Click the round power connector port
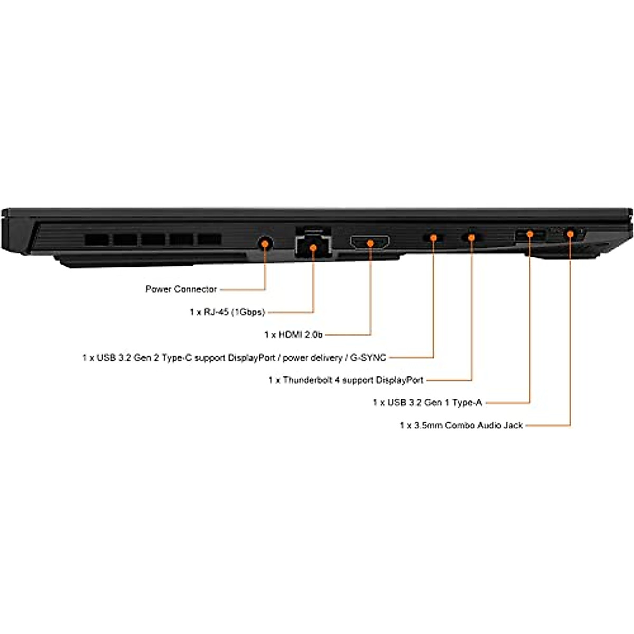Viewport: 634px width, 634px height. tap(265, 243)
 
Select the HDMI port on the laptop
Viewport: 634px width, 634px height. tap(370, 243)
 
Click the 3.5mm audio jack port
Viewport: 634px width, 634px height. tap(570, 233)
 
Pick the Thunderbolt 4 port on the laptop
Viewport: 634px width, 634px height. tap(471, 237)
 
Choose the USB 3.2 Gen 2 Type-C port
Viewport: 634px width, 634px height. tap(433, 238)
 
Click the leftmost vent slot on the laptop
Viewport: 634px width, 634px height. tap(97, 239)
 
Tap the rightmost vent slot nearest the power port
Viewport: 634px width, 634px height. tap(209, 239)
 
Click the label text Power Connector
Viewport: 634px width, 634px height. tap(181, 289)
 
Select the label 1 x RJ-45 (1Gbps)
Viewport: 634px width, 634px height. tap(227, 312)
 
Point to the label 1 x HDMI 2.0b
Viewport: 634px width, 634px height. tap(293, 334)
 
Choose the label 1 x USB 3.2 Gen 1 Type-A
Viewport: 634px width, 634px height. tap(427, 403)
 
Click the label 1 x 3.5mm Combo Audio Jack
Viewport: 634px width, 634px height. tap(461, 425)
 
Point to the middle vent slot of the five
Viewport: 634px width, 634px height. tap(153, 239)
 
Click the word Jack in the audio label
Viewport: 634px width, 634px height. tap(512, 425)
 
